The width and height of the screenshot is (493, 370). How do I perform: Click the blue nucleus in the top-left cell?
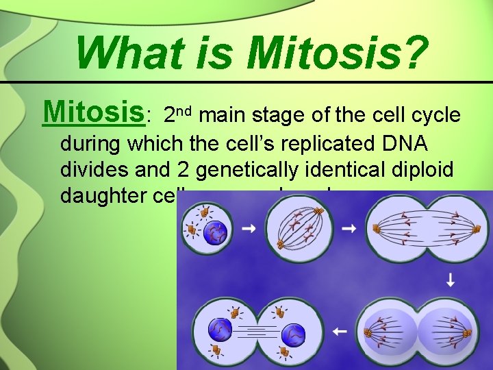click(x=217, y=232)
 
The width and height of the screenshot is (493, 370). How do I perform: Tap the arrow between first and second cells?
click(x=249, y=227)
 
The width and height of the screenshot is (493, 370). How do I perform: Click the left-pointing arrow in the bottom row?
click(x=340, y=332)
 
